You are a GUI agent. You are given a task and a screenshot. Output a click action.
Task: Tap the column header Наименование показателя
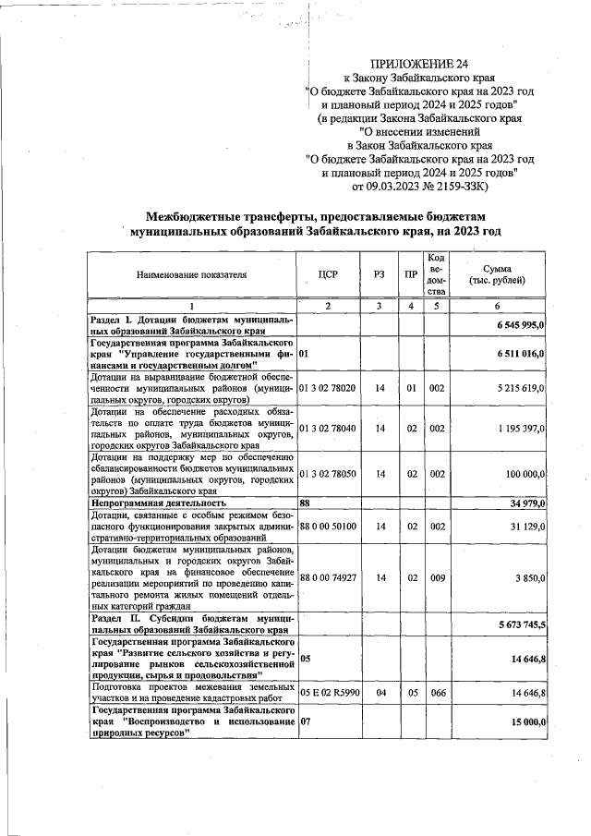pos(192,274)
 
